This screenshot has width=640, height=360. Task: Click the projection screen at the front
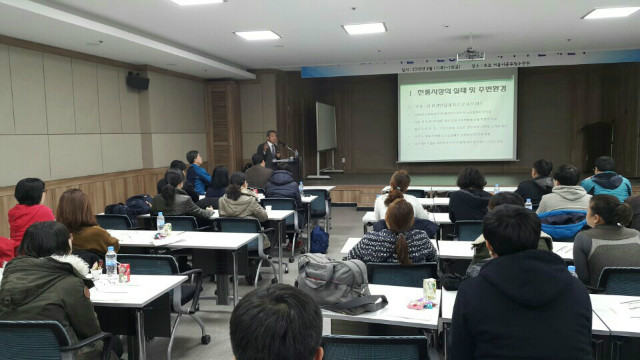click(x=457, y=117)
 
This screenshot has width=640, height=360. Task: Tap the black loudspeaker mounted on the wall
click(x=138, y=80)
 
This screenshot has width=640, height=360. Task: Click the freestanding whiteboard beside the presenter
click(x=326, y=127)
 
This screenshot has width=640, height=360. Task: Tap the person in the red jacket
click(x=28, y=209)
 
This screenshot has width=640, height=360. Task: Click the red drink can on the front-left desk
click(x=124, y=272)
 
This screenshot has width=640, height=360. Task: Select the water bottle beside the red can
click(x=111, y=262)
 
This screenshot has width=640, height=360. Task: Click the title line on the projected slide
click(x=457, y=89)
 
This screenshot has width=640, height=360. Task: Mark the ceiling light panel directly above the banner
click(x=364, y=29)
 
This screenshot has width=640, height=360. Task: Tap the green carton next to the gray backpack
click(x=429, y=290)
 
